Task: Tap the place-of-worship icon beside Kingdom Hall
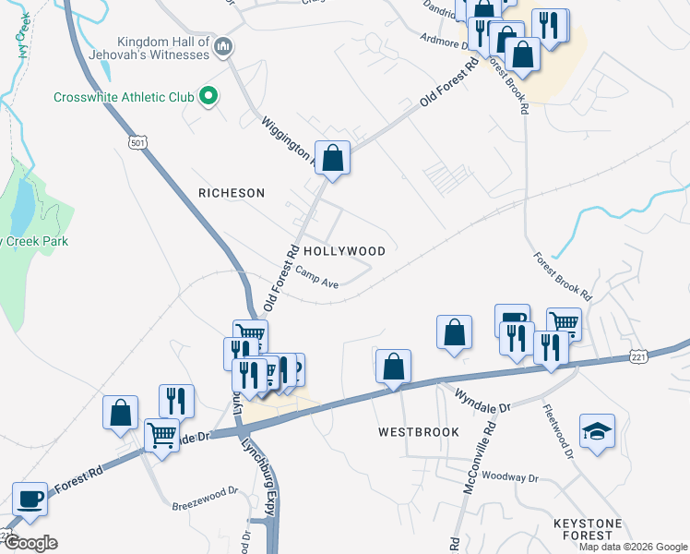pyautogui.click(x=222, y=46)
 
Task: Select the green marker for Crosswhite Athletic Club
pyautogui.click(x=209, y=96)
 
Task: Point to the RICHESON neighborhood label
pyautogui.click(x=232, y=193)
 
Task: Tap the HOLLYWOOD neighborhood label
pyautogui.click(x=344, y=251)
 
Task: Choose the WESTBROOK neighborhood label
pyautogui.click(x=418, y=432)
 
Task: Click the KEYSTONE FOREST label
pyautogui.click(x=595, y=529)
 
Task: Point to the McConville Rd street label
pyautogui.click(x=481, y=452)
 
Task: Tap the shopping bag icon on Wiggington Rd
pyautogui.click(x=333, y=158)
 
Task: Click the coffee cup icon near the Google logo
pyautogui.click(x=29, y=499)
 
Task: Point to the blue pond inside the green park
pyautogui.click(x=20, y=208)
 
